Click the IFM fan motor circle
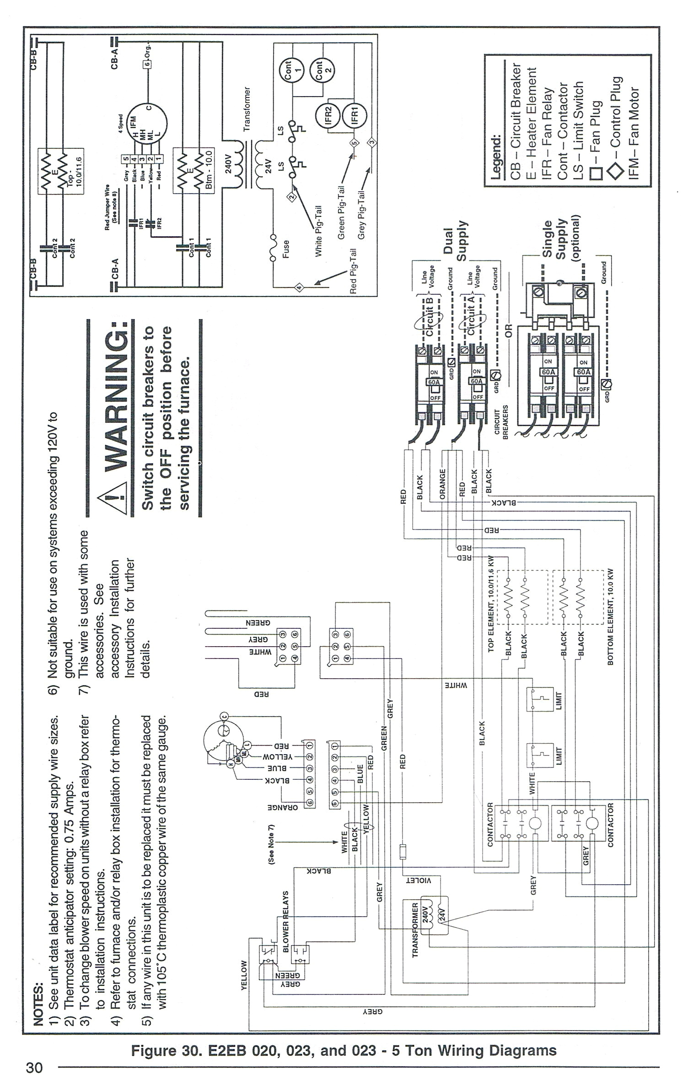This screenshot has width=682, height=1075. point(147,122)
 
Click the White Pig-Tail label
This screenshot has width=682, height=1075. point(319,231)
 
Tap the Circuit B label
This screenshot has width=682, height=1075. point(430,316)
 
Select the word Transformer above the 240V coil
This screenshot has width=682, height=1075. point(247,109)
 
